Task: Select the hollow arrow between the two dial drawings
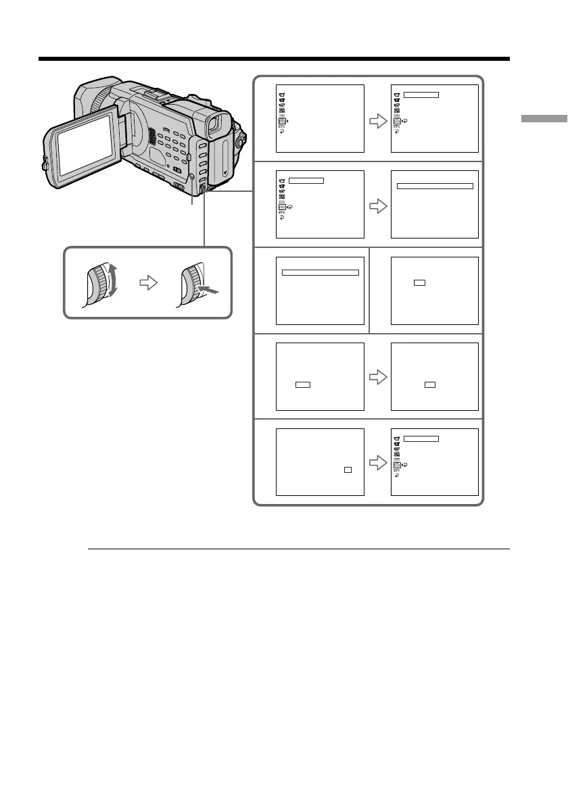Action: tap(148, 284)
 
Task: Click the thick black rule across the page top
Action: tap(273, 59)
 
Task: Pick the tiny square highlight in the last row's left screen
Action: tap(347, 468)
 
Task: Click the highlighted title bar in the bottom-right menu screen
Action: tap(421, 438)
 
